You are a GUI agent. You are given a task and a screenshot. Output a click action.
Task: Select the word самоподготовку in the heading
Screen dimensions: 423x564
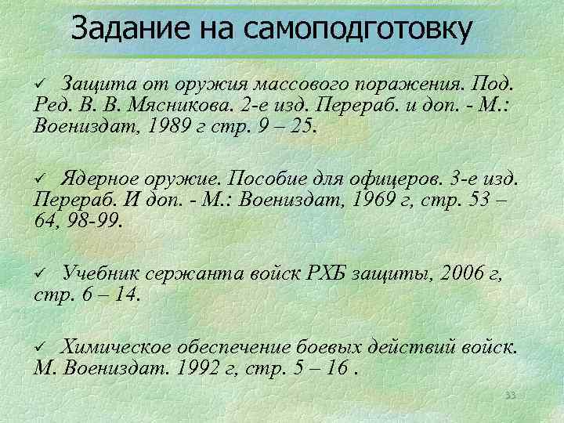coord(358,30)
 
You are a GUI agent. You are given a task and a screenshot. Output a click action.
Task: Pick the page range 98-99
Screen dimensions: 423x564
coord(93,222)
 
